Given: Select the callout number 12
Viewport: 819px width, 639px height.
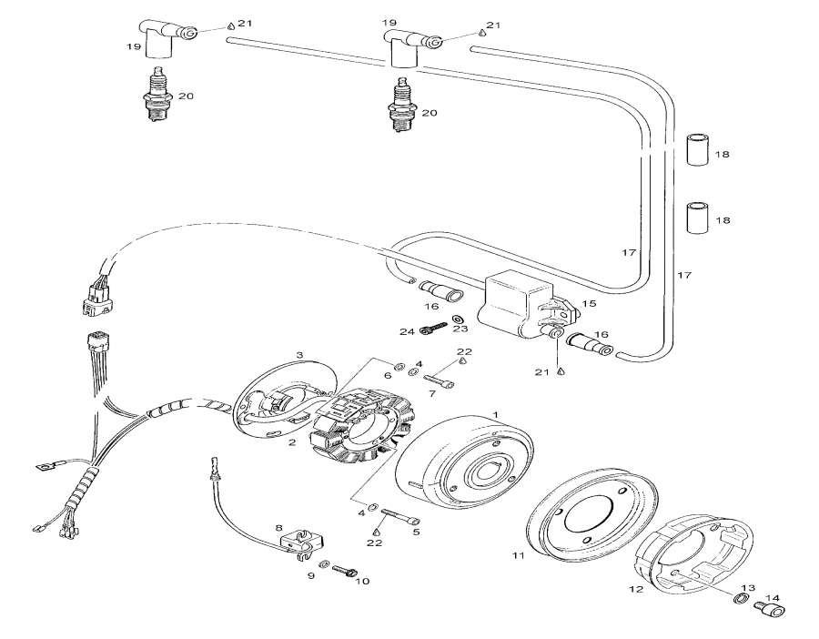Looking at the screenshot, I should point(635,589).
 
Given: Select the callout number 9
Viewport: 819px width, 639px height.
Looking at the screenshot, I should point(311,576).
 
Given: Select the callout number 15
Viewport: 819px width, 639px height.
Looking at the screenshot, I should point(588,304).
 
